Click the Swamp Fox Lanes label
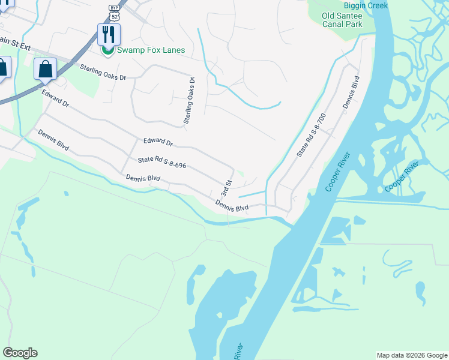click(151, 50)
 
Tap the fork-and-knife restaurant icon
click(109, 34)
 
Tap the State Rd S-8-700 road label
click(310, 135)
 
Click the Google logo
click(20, 353)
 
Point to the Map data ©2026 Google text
click(412, 355)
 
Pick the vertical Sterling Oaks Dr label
click(189, 101)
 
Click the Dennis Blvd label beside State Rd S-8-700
click(351, 92)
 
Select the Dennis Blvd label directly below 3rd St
click(232, 206)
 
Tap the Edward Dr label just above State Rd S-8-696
click(158, 143)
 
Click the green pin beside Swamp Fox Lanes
click(108, 50)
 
